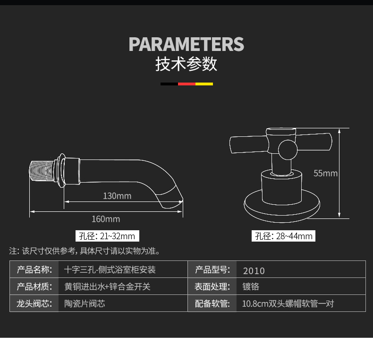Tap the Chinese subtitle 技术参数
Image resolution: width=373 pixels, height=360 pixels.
(186, 64)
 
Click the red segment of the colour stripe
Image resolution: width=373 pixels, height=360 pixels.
(186, 84)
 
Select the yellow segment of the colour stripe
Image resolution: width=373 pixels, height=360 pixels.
(204, 84)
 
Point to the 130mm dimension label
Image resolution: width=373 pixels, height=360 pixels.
(117, 196)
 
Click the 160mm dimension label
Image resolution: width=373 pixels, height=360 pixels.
(106, 219)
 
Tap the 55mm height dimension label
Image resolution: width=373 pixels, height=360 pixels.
(326, 173)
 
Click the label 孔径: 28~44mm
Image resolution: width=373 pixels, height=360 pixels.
(283, 236)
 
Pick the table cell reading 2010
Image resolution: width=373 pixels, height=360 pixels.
(254, 271)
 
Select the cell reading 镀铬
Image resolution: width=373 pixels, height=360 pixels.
(251, 286)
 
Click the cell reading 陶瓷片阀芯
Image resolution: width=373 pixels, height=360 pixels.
(85, 303)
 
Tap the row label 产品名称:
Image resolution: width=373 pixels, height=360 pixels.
(34, 270)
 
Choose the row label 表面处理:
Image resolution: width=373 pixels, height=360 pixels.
(212, 286)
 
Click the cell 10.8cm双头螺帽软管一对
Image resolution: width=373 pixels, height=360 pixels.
(288, 303)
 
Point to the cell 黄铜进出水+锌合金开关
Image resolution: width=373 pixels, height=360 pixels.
(107, 286)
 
